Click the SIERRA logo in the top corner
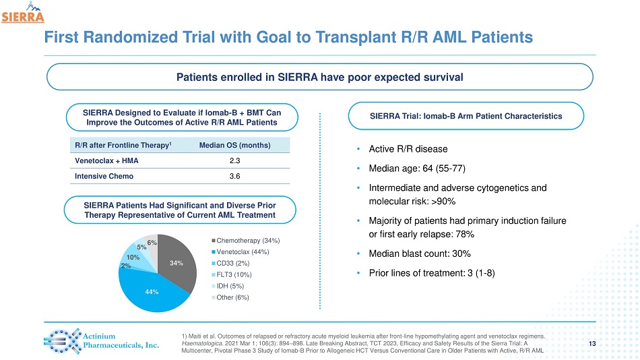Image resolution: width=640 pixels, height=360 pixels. [22, 13]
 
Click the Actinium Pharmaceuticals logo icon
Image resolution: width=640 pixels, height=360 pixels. [59, 341]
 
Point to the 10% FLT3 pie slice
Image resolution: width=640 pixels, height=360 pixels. [133, 258]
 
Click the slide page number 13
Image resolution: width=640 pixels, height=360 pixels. [592, 344]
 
